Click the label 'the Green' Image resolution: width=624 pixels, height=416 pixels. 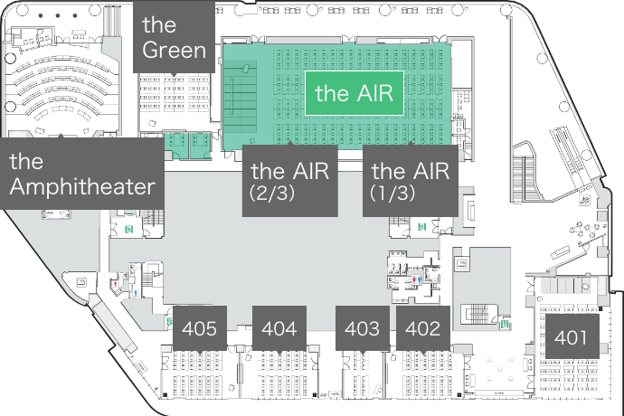pyautogui.click(x=175, y=36)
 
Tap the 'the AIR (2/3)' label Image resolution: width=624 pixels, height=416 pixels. pyautogui.click(x=289, y=180)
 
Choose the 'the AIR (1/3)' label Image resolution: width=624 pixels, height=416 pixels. pyautogui.click(x=411, y=180)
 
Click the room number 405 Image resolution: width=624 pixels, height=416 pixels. pyautogui.click(x=199, y=328)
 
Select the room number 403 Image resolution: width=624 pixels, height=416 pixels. pyautogui.click(x=362, y=328)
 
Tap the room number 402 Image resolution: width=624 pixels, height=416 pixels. pyautogui.click(x=422, y=328)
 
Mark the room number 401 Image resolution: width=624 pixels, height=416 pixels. pyautogui.click(x=571, y=339)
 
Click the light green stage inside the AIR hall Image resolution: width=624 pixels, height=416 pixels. pyautogui.click(x=239, y=99)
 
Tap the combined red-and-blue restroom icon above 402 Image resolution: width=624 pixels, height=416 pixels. pyautogui.click(x=415, y=280)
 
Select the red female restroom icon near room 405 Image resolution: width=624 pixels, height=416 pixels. pyautogui.click(x=116, y=283)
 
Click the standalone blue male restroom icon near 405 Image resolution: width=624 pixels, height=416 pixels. pyautogui.click(x=136, y=292)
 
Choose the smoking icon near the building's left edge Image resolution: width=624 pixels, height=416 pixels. pyautogui.click(x=82, y=283)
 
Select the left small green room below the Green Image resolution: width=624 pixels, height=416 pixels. pyautogui.click(x=174, y=141)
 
